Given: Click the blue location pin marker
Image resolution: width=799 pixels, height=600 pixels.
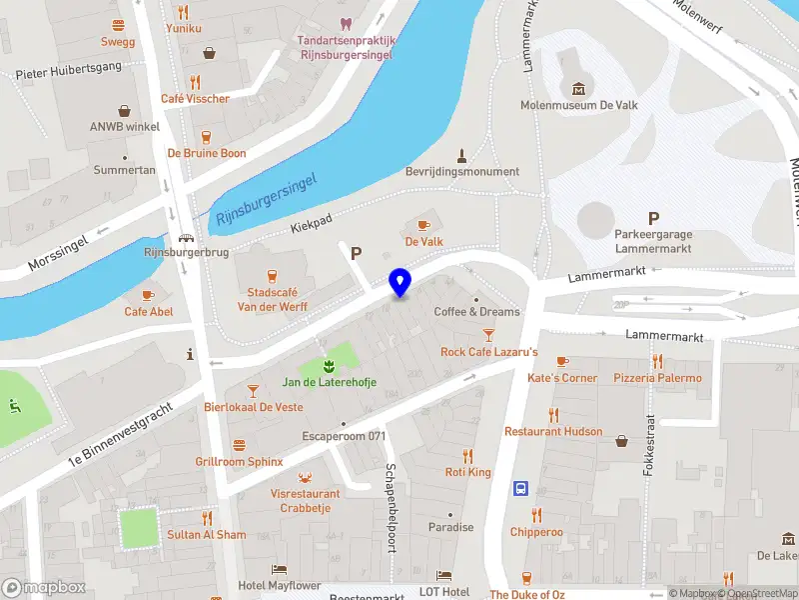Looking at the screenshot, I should click(x=399, y=282).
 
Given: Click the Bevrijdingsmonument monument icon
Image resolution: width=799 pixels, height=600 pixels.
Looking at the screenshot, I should click(x=461, y=154).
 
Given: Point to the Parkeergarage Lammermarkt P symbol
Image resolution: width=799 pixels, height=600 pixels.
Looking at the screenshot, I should click(x=653, y=218).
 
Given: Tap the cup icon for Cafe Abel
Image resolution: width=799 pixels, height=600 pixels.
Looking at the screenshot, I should click(x=148, y=295).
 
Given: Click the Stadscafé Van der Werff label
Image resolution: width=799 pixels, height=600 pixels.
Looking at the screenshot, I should click(x=272, y=300).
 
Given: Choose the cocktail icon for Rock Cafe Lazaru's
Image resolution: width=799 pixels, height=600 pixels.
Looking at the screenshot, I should click(x=488, y=335).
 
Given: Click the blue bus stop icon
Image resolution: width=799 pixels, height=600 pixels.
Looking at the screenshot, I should click(x=520, y=489).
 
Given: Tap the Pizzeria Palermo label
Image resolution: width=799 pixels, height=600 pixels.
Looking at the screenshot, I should click(x=657, y=378).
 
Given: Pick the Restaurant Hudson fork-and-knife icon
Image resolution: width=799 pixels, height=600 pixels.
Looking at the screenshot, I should click(x=553, y=415).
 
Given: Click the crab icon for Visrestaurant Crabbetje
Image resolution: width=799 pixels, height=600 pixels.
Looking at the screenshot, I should click(x=305, y=476).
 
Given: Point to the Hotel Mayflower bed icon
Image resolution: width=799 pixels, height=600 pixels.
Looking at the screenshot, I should click(x=279, y=569).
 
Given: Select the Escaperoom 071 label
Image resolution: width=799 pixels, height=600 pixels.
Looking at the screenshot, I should click(x=344, y=436).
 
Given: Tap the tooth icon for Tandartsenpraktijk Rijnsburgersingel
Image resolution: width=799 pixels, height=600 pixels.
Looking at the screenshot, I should click(x=347, y=24).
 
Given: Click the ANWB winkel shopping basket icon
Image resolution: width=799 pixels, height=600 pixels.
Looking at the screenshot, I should click(x=125, y=111).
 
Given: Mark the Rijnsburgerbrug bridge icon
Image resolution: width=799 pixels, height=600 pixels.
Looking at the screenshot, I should click(x=186, y=238).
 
